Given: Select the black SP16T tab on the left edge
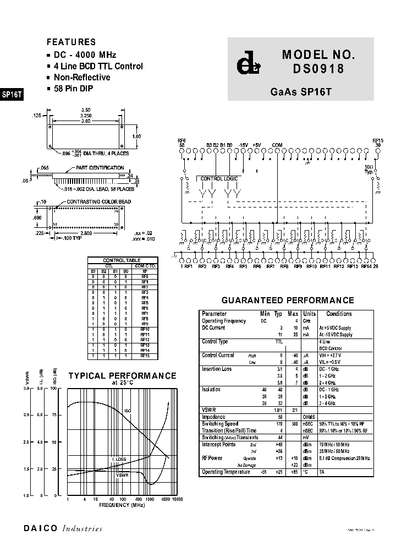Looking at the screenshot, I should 12,94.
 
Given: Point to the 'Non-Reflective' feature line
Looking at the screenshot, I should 82,78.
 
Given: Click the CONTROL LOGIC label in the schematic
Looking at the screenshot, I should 219,179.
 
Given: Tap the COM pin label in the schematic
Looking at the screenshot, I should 277,145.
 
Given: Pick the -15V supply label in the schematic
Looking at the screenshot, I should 244,145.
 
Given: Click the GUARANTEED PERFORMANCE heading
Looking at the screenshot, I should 288,301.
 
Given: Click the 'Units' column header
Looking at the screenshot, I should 309,314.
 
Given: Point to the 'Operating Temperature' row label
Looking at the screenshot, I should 226,472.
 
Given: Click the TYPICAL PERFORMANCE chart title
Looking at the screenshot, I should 122,376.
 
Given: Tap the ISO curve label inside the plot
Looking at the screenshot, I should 128,411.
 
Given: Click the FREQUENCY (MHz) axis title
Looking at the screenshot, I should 122,505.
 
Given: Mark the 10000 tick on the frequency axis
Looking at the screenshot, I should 177,499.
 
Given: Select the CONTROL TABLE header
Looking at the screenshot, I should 122,260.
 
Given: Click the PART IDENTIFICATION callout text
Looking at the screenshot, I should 100,167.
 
